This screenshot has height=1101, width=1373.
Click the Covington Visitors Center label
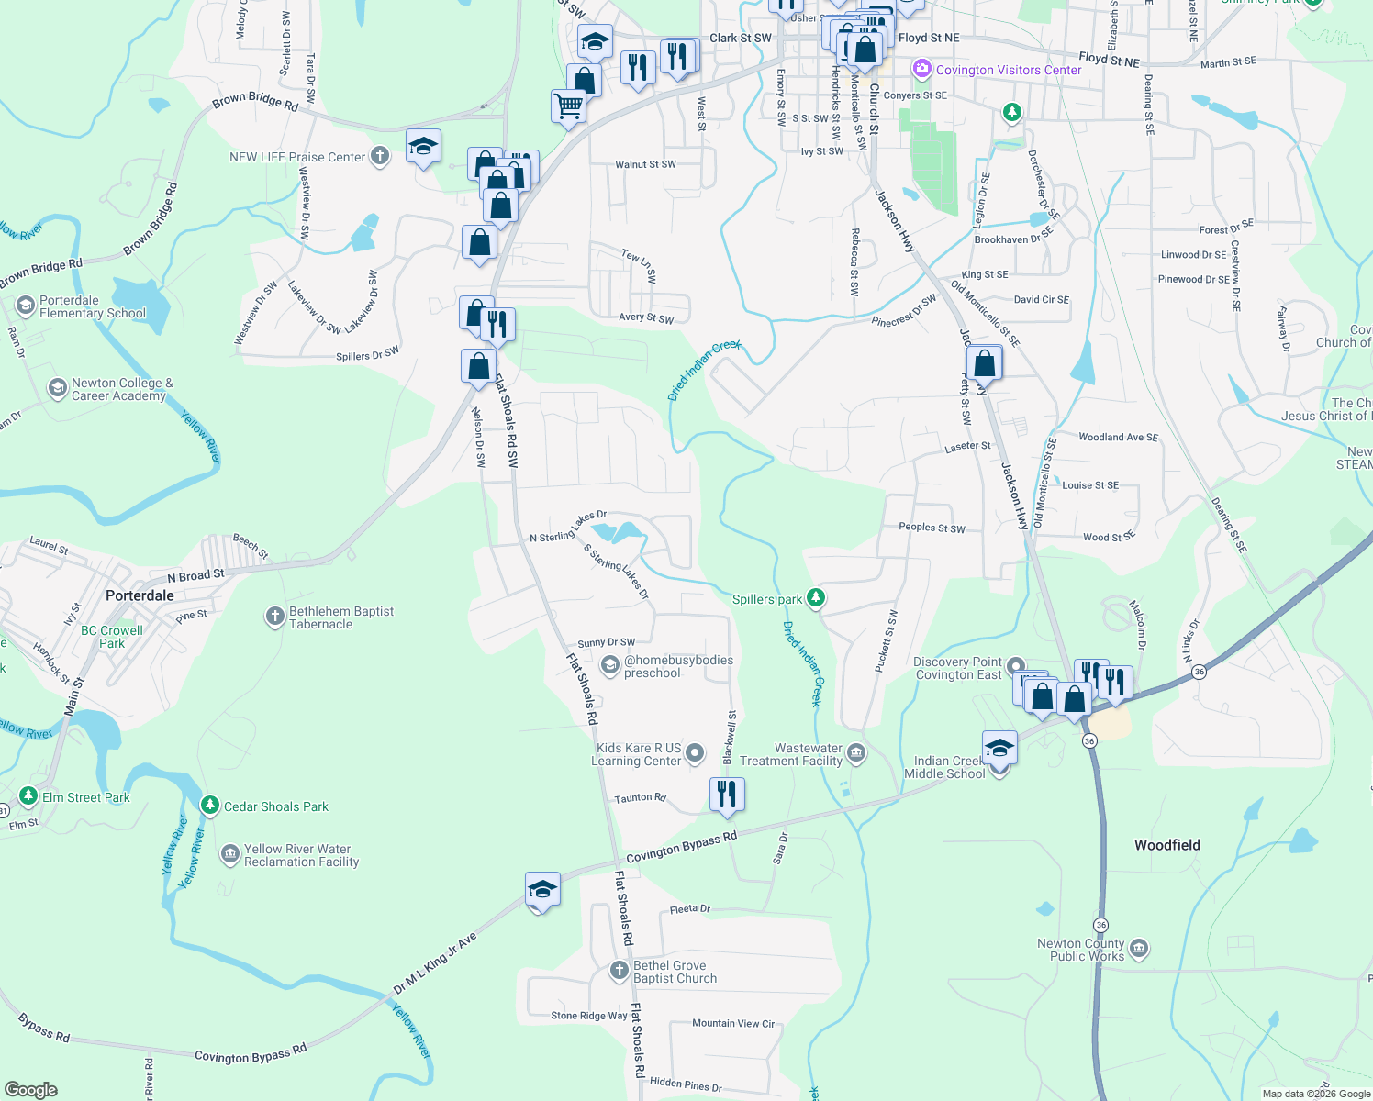coord(1009,70)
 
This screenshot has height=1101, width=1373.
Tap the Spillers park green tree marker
coord(815,599)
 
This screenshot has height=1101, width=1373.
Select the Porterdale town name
coord(140,595)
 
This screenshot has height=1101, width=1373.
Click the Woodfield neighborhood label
coord(1166,845)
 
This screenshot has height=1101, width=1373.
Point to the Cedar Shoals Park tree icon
coord(210,806)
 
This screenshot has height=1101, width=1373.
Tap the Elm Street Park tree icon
coord(28,796)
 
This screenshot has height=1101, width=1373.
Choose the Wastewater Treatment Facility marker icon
coord(855,754)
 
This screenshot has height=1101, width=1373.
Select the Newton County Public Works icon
coord(1139,949)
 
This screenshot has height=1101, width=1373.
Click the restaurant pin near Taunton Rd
coord(727,795)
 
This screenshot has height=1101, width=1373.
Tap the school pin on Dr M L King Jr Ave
coord(542,890)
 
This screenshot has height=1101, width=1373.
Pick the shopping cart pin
coord(568,107)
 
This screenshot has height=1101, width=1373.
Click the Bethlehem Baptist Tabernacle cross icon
coord(274,617)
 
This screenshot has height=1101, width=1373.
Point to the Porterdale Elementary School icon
coord(26,305)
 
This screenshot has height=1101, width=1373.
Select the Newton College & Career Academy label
coord(122,389)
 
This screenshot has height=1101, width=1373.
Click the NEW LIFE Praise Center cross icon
coord(380,156)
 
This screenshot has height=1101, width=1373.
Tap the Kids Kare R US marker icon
coord(695,753)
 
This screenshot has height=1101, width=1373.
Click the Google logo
coord(31,1089)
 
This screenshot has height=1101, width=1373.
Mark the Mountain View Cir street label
coord(732,1023)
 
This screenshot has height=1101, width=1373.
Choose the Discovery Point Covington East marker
coord(1015,666)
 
